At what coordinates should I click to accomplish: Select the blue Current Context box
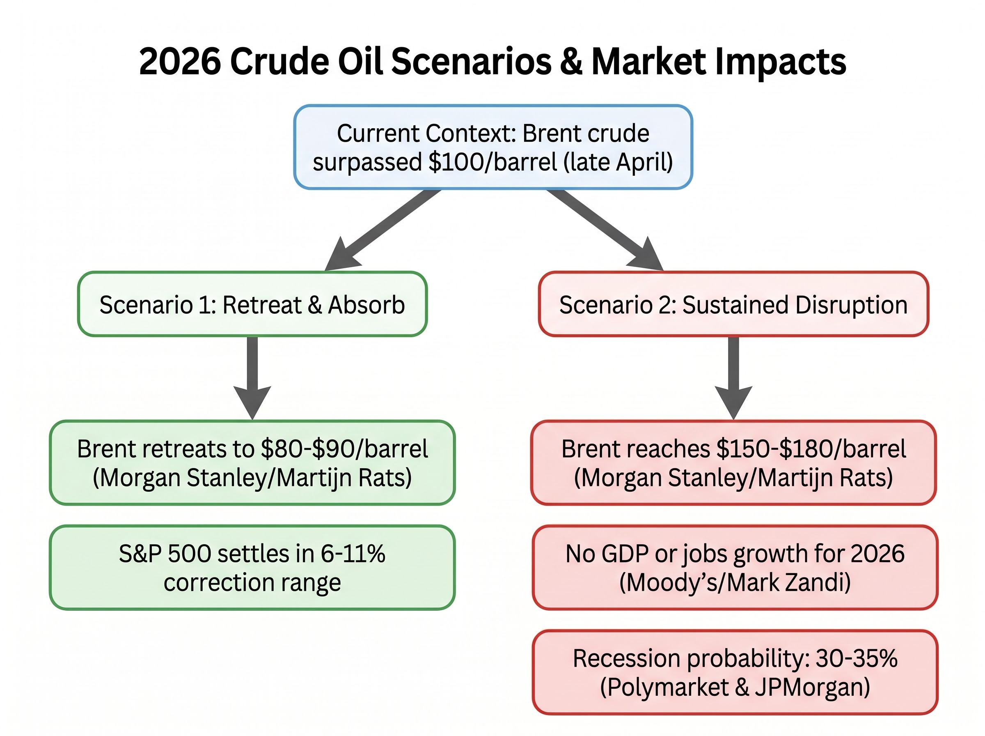pyautogui.click(x=493, y=147)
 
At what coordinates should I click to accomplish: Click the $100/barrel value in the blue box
pyautogui.click(x=492, y=162)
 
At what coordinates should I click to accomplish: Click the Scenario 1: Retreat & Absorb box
pyautogui.click(x=252, y=304)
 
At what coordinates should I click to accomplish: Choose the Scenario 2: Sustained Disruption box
pyautogui.click(x=733, y=304)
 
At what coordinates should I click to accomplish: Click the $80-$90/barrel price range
pyautogui.click(x=344, y=448)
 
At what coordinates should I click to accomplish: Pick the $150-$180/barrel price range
pyautogui.click(x=811, y=448)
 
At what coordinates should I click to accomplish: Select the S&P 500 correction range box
pyautogui.click(x=252, y=567)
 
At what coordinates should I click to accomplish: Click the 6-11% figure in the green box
pyautogui.click(x=353, y=554)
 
